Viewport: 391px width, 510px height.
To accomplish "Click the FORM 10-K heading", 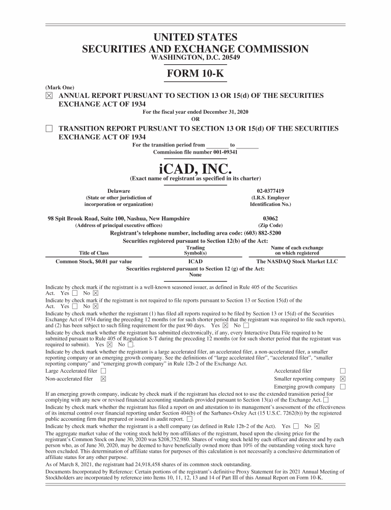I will (195, 73).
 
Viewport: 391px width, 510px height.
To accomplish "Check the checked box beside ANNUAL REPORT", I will (49, 96).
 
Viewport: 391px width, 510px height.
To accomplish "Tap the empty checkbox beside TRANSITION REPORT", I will (49, 129).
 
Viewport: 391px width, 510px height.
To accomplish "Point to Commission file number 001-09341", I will (195, 151).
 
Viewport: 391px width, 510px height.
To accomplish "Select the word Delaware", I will (118, 191).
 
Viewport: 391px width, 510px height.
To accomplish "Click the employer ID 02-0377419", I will (270, 191).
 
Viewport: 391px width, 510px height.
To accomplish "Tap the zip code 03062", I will (270, 218).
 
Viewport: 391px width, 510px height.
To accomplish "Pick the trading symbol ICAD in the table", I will (195, 262).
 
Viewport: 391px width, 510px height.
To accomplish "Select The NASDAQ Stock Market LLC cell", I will (297, 262).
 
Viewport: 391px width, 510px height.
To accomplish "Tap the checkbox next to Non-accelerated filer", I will (103, 379).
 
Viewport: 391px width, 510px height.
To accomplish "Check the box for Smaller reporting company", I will (343, 379).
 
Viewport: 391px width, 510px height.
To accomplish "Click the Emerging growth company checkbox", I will (343, 387).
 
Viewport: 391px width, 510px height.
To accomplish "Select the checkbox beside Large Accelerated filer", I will (103, 371).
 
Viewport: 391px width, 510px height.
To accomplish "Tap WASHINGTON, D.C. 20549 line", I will (195, 58).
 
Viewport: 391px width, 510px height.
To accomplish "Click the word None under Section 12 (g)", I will (195, 274).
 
